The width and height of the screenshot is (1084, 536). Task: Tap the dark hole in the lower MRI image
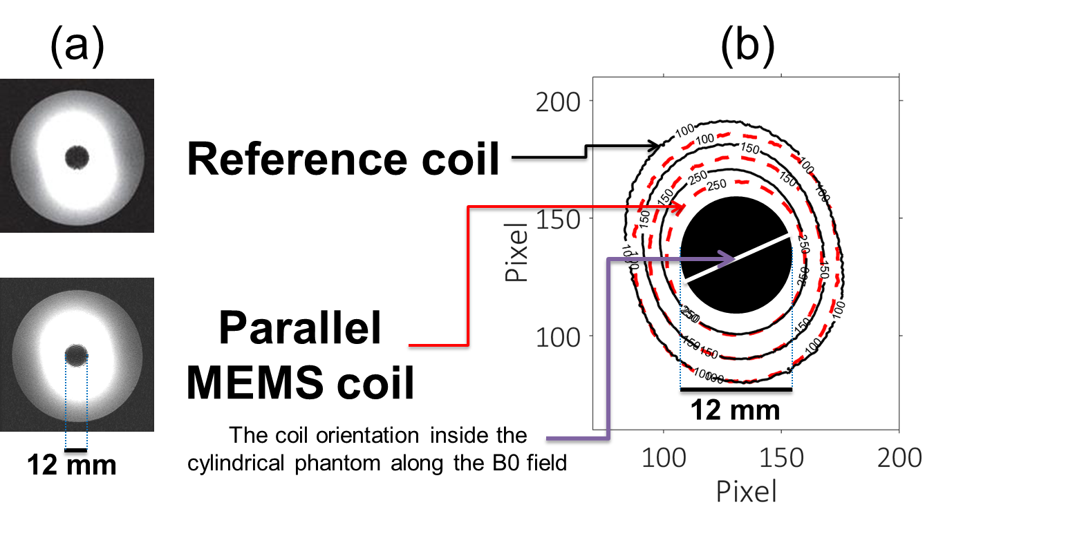76,356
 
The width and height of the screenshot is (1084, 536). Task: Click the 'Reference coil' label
343,160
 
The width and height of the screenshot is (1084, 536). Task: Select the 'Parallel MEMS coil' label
300,357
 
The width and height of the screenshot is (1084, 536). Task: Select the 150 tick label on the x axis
781,457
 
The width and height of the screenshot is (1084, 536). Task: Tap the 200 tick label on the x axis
899,457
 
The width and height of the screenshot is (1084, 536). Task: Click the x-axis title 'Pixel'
747,491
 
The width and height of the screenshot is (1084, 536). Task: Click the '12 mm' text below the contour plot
736,410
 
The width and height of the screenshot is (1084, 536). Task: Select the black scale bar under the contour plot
736,390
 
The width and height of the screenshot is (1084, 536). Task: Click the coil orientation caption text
377,449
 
